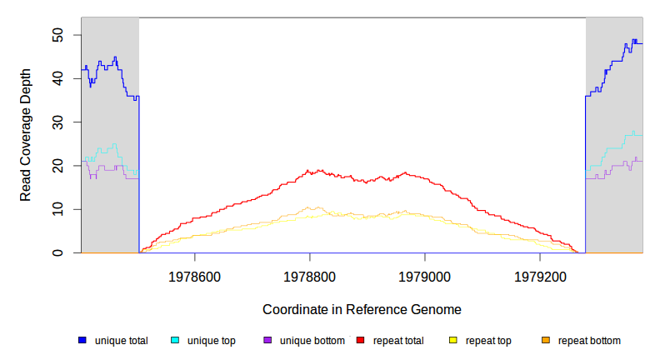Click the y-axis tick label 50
click(58, 35)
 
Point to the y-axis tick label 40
click(58, 78)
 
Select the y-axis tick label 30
click(58, 122)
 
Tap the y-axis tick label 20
click(58, 166)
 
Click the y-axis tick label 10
click(58, 209)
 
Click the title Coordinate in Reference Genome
click(362, 309)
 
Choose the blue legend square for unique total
click(82, 341)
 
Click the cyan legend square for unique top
click(175, 341)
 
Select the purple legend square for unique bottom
click(267, 341)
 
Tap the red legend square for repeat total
click(361, 341)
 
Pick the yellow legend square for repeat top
click(453, 341)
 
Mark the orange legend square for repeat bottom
click(546, 341)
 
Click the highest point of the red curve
click(310, 170)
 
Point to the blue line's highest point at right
click(634, 40)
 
